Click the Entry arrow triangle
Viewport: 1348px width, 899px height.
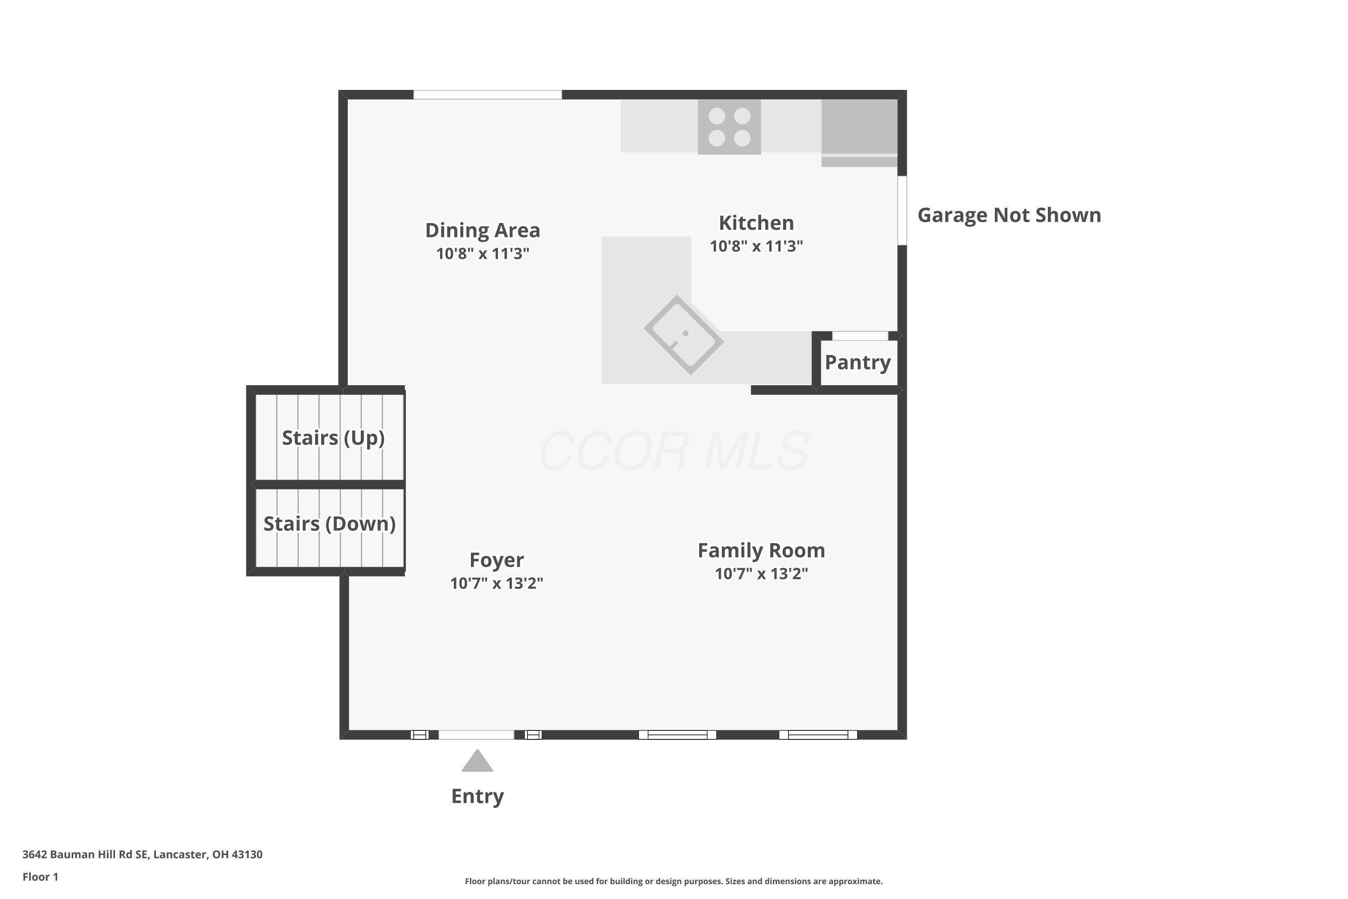(x=477, y=761)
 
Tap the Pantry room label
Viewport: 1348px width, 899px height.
(x=857, y=362)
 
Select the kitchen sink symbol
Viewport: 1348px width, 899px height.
(x=684, y=335)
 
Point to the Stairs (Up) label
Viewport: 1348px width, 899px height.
(x=333, y=438)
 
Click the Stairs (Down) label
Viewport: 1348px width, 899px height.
(x=329, y=524)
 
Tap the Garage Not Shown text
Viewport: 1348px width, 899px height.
(x=1009, y=215)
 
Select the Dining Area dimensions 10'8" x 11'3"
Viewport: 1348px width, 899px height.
(x=483, y=254)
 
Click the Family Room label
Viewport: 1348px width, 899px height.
(x=761, y=550)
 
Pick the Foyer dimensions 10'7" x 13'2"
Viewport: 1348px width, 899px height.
(x=497, y=583)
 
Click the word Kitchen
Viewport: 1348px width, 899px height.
(x=757, y=223)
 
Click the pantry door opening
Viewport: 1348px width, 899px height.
(x=860, y=336)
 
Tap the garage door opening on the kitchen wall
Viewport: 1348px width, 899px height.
(x=902, y=210)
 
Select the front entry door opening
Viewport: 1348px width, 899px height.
(x=476, y=735)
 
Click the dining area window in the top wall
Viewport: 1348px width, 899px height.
(x=488, y=94)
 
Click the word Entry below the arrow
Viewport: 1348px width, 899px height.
(x=477, y=797)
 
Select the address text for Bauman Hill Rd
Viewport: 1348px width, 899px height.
(x=142, y=854)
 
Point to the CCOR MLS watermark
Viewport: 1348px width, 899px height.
(x=674, y=451)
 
